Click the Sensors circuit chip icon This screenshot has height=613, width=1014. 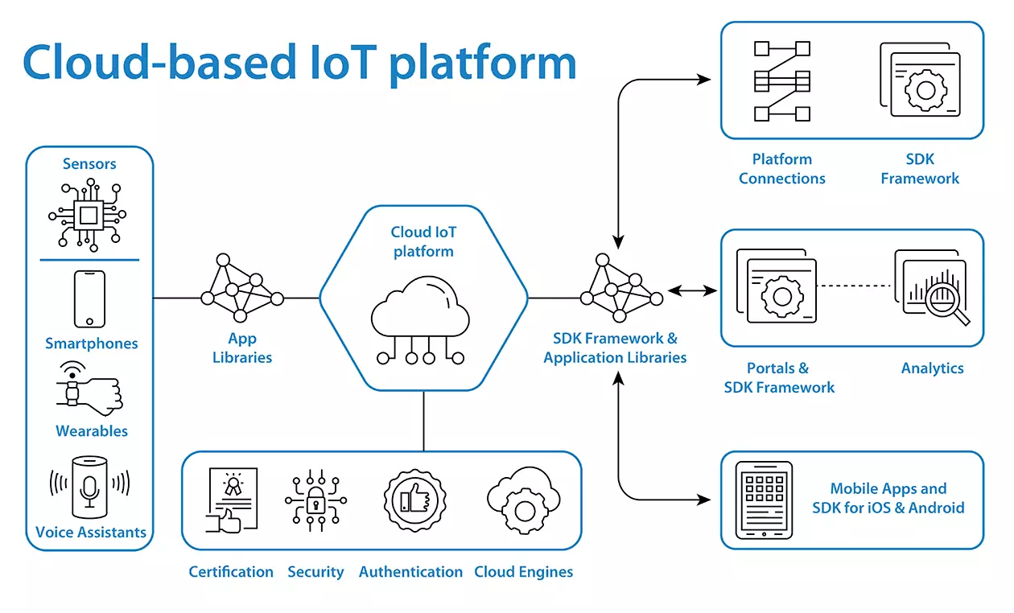pyautogui.click(x=89, y=214)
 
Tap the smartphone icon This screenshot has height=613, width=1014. pyautogui.click(x=89, y=298)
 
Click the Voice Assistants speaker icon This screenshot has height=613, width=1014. pyautogui.click(x=89, y=487)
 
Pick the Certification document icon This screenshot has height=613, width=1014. pyautogui.click(x=232, y=500)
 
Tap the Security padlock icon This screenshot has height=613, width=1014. pyautogui.click(x=316, y=500)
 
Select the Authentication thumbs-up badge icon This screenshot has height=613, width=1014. pyautogui.click(x=411, y=500)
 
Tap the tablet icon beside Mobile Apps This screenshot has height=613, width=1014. pyautogui.click(x=764, y=500)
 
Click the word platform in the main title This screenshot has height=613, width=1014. pyautogui.click(x=483, y=63)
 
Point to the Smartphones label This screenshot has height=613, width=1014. pyautogui.click(x=91, y=344)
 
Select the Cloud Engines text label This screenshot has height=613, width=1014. pyautogui.click(x=524, y=572)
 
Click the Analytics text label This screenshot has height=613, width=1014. pyautogui.click(x=932, y=368)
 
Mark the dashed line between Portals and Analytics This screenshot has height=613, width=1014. pyautogui.click(x=855, y=285)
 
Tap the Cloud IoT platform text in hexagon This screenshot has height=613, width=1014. pyautogui.click(x=423, y=241)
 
